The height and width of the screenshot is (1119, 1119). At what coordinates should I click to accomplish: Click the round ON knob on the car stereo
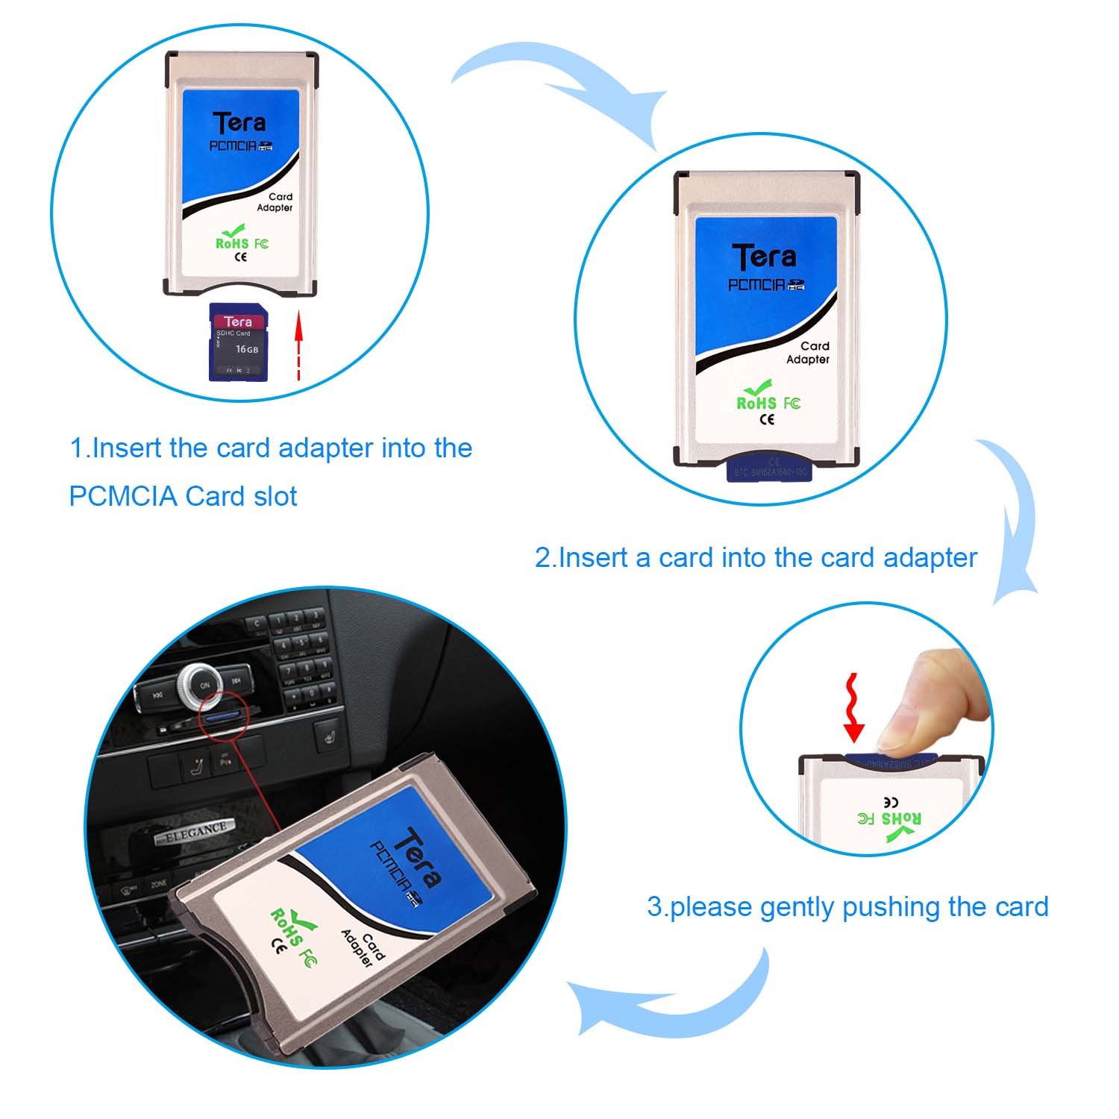[204, 684]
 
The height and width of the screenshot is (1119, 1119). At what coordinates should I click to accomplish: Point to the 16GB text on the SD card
[247, 349]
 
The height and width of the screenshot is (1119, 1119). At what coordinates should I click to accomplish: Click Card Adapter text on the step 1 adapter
[276, 202]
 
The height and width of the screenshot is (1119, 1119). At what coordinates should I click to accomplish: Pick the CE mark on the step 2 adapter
[766, 419]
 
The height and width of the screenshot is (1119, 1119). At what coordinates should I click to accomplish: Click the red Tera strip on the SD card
[238, 322]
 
